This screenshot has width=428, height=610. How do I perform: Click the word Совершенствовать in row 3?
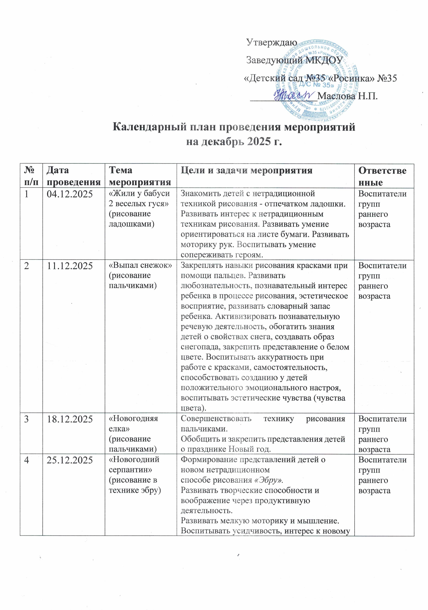point(216,419)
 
